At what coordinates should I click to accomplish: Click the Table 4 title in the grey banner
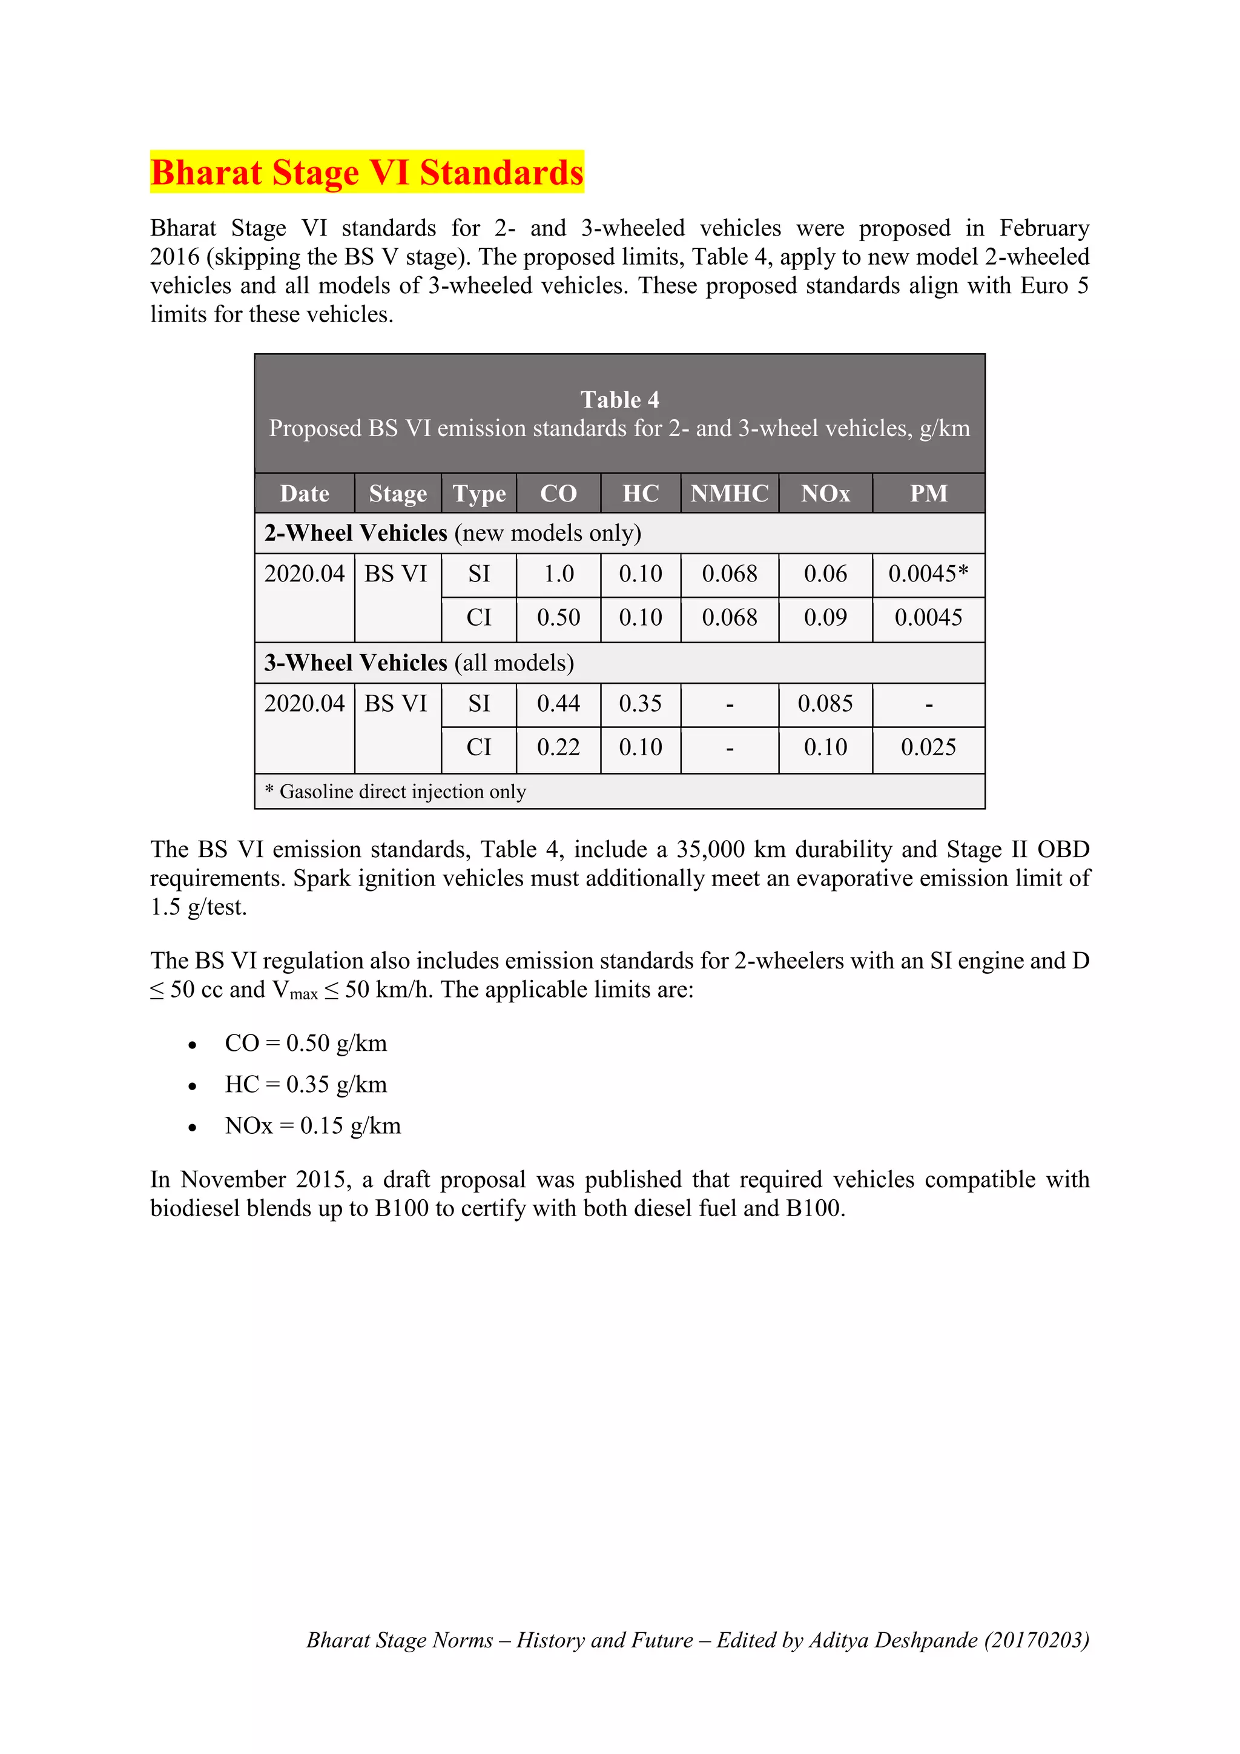[x=619, y=400]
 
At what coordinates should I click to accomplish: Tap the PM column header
[x=928, y=494]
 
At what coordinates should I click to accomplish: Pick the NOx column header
[x=825, y=494]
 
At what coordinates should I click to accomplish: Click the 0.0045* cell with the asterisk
[x=928, y=574]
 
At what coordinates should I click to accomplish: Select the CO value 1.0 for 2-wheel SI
[x=558, y=574]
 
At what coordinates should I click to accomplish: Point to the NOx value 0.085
[x=825, y=704]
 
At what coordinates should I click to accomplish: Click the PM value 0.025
[x=928, y=747]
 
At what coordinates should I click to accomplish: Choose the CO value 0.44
[x=558, y=704]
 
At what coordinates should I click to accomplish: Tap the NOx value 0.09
[x=825, y=617]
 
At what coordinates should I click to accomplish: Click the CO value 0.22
[x=558, y=747]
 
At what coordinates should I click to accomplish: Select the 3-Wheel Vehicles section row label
[x=419, y=663]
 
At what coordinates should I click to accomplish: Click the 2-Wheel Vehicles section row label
[x=452, y=532]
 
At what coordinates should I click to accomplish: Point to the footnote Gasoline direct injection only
[x=395, y=792]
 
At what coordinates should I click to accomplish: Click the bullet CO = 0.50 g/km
[x=305, y=1043]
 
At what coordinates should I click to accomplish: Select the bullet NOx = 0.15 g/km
[x=312, y=1125]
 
